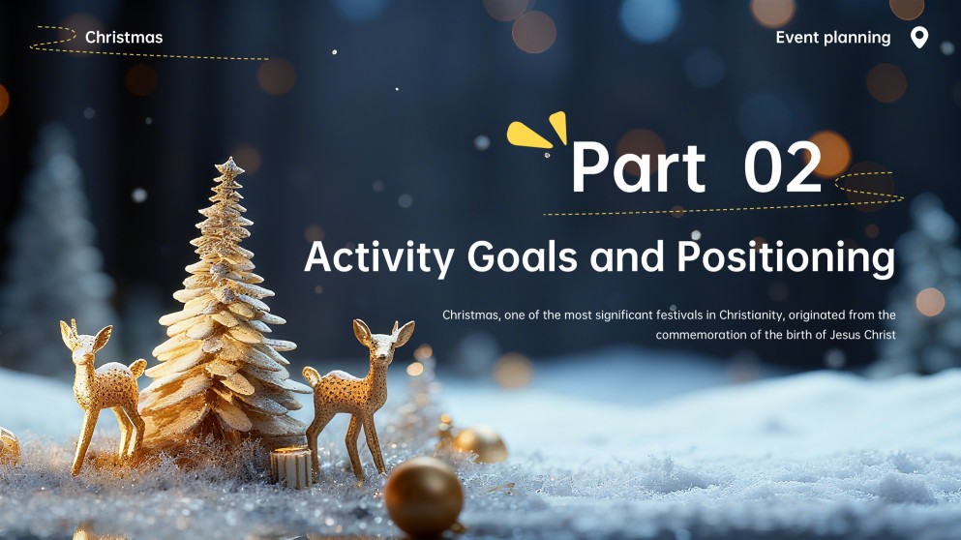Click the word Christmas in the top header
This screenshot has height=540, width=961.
(x=124, y=38)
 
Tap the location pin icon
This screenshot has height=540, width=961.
(x=919, y=38)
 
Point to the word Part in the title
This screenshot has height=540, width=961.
(x=638, y=167)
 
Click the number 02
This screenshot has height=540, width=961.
(x=783, y=167)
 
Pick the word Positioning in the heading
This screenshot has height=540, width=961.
(x=785, y=257)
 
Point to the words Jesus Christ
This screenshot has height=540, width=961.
(x=861, y=335)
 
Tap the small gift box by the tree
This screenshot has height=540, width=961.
(x=290, y=466)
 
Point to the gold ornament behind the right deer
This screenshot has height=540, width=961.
(x=480, y=444)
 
